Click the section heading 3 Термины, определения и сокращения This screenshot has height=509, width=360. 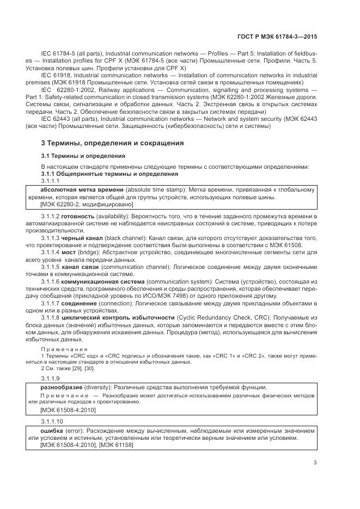point(112,143)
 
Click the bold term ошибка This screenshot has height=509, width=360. point(52,430)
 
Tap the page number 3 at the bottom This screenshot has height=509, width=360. point(315,463)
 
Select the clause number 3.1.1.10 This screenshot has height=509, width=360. point(52,421)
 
